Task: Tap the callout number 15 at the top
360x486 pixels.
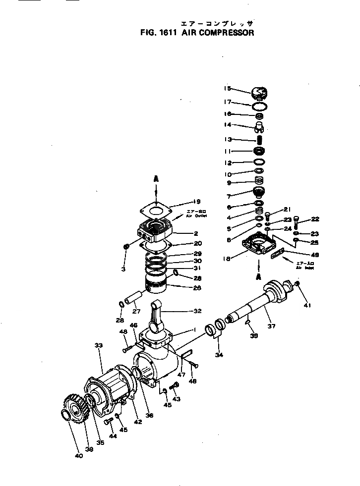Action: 228,89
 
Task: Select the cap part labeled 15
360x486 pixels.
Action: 259,93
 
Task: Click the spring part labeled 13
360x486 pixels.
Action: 258,141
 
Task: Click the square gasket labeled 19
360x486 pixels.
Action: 157,210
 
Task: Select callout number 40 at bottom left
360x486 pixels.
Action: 79,456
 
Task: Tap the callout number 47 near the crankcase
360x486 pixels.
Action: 181,375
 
